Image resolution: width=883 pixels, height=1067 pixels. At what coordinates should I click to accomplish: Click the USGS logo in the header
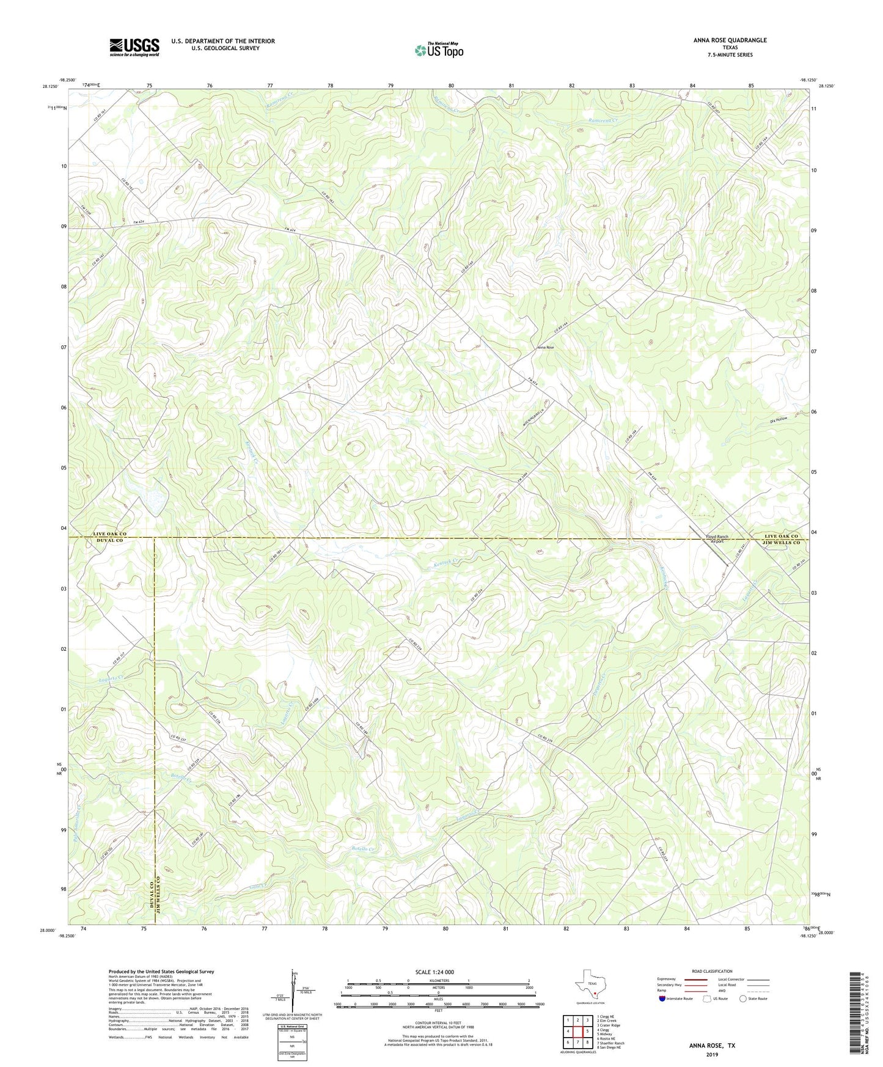pyautogui.click(x=134, y=47)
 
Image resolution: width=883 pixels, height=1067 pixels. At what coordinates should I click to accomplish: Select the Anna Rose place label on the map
pyautogui.click(x=545, y=347)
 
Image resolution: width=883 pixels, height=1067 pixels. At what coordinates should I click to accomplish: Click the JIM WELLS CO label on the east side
pyautogui.click(x=781, y=542)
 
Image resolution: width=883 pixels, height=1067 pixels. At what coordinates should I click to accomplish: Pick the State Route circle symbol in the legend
pyautogui.click(x=742, y=999)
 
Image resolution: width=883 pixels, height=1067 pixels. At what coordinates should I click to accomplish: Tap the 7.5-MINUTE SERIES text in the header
pyautogui.click(x=730, y=55)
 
